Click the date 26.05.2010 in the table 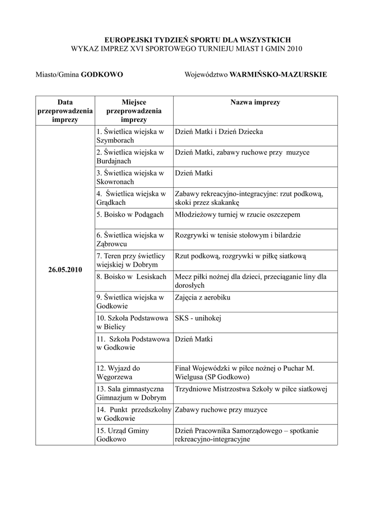tap(65, 270)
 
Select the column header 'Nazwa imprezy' tap(255, 102)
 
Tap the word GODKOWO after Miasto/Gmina tap(102, 75)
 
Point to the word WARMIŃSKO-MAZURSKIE tap(278, 75)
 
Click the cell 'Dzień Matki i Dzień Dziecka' tap(219, 132)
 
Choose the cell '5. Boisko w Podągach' tap(130, 215)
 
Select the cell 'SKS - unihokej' tap(198, 319)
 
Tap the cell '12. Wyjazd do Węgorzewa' tap(118, 373)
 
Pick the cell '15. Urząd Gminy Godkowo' tap(123, 435)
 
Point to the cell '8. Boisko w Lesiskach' tap(131, 277)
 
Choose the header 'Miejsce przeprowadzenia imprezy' tap(134, 111)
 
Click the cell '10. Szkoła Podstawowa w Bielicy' tap(132, 323)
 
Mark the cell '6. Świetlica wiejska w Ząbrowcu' tap(130, 239)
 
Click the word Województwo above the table tap(206, 75)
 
